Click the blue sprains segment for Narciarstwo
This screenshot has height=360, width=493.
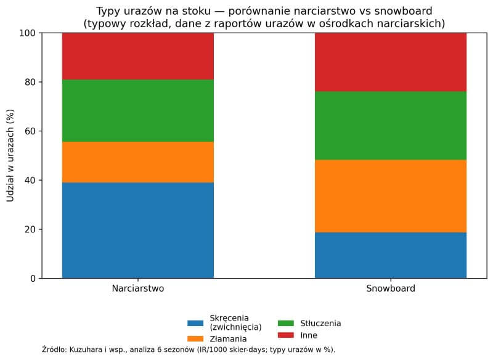click(138, 230)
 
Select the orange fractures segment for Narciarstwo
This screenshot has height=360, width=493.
click(138, 162)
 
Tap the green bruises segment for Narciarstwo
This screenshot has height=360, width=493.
click(138, 110)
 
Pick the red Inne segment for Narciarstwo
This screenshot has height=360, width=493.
click(138, 56)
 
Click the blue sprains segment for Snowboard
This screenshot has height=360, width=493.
click(391, 255)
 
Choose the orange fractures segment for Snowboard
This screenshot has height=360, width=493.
click(391, 196)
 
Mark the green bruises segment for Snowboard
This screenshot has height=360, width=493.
click(391, 126)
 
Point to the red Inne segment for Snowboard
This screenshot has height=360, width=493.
click(391, 62)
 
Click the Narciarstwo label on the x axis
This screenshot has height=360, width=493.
click(138, 288)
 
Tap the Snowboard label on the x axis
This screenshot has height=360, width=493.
click(391, 288)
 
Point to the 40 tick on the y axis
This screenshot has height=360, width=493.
click(30, 180)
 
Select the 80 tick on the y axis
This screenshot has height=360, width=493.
click(30, 82)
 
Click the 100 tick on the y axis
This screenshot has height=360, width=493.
click(28, 33)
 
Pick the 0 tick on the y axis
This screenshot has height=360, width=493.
click(33, 279)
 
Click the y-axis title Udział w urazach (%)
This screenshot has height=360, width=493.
click(10, 155)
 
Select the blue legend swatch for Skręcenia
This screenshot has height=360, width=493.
click(195, 322)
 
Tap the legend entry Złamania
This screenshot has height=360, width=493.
click(229, 338)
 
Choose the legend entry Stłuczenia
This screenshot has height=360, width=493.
click(320, 323)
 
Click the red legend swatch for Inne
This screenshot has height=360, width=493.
click(285, 335)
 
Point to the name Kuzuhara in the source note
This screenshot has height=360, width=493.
click(87, 350)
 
